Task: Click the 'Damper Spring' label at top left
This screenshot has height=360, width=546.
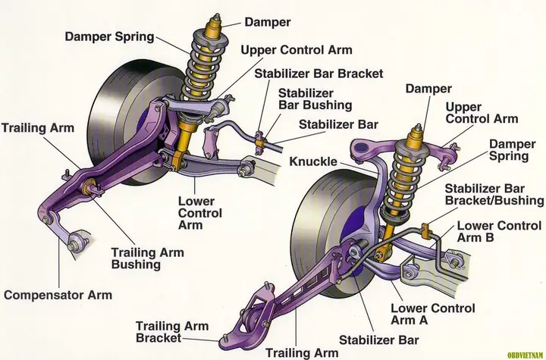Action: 109,36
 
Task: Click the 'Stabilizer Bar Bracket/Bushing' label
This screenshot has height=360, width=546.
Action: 494,194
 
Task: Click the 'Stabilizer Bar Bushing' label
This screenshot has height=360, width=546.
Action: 315,99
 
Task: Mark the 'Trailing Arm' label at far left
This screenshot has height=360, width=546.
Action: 38,128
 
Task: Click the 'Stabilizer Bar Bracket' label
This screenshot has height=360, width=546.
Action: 318,74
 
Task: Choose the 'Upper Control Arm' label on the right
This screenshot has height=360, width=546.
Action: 482,113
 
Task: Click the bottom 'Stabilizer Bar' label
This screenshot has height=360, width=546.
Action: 368,339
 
